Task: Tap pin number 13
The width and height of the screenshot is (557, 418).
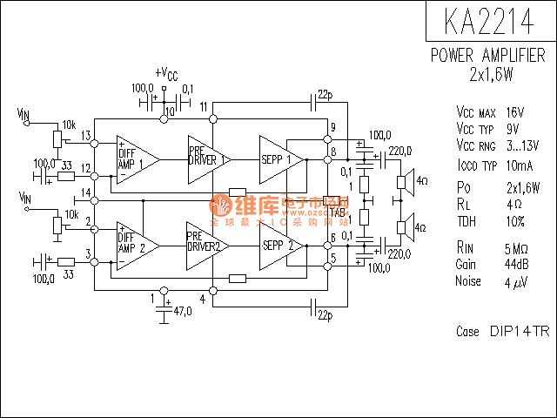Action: coord(86,135)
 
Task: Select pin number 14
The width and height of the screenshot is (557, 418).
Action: coord(86,192)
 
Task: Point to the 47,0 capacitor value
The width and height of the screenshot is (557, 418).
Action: coord(181,311)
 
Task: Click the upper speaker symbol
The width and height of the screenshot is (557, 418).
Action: coord(404,182)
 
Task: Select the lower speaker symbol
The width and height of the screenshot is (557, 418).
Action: coord(404,228)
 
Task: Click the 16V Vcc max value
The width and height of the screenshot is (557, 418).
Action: coord(514,112)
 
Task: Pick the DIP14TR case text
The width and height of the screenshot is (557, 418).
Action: coord(519,332)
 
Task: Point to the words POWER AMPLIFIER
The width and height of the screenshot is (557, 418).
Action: coord(489,56)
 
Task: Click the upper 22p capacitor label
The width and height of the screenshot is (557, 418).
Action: coord(324,93)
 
